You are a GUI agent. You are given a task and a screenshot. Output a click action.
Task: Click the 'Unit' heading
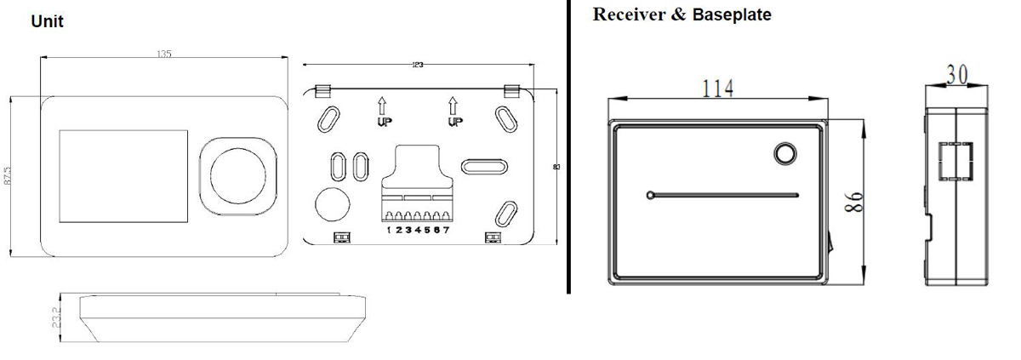(47, 22)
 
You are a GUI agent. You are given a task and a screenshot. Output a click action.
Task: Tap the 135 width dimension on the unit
(164, 54)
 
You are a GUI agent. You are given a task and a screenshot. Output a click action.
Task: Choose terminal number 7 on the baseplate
(446, 231)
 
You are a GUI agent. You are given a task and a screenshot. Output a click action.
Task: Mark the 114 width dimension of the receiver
(717, 87)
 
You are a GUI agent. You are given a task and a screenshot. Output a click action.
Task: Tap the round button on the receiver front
(784, 153)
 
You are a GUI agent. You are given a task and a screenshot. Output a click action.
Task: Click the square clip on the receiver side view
(955, 162)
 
